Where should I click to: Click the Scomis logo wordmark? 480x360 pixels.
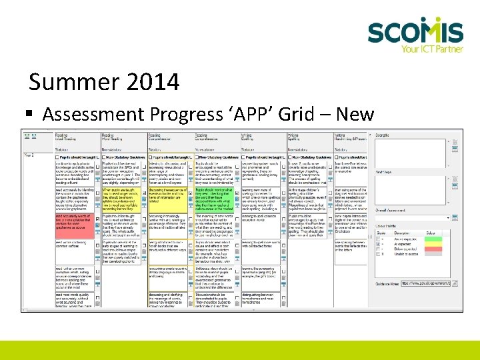pyautogui.click(x=415, y=31)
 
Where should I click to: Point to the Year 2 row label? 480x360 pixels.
pyautogui.click(x=30, y=155)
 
